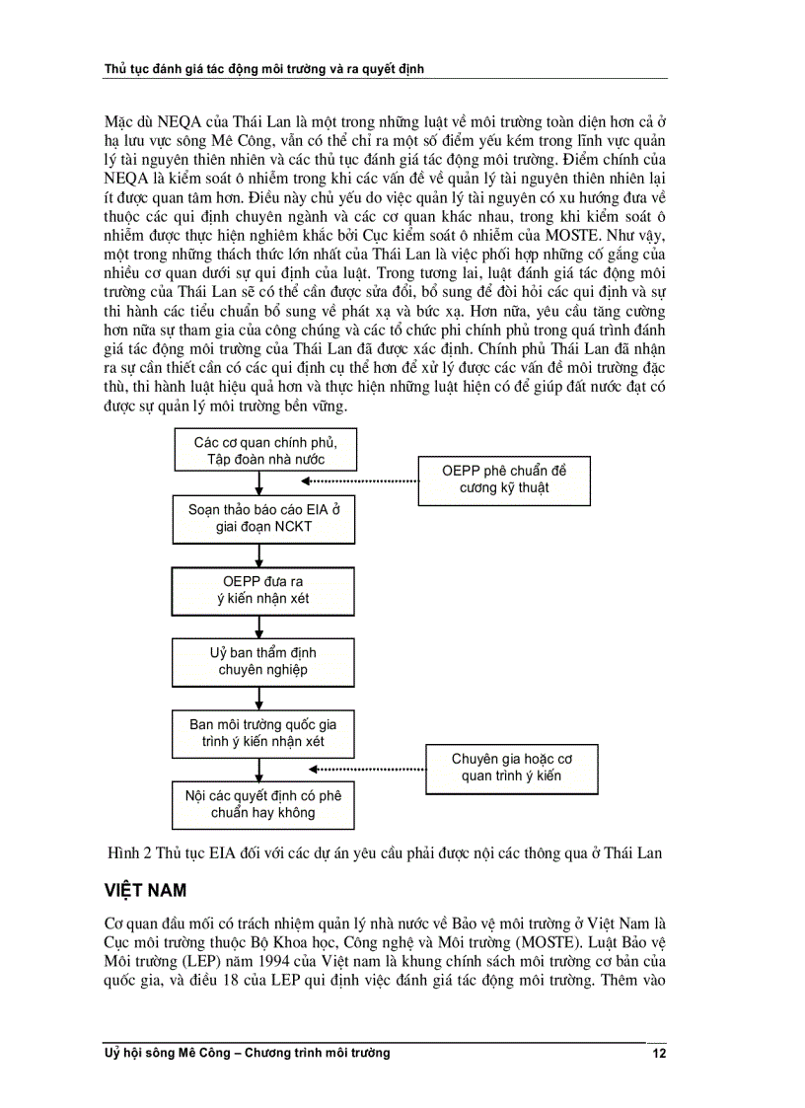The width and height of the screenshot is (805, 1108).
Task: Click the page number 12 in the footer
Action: (x=659, y=1054)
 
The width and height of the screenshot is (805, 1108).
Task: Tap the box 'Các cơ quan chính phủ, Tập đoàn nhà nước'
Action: (x=259, y=450)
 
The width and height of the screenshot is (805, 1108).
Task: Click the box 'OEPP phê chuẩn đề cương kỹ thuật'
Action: (x=503, y=479)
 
